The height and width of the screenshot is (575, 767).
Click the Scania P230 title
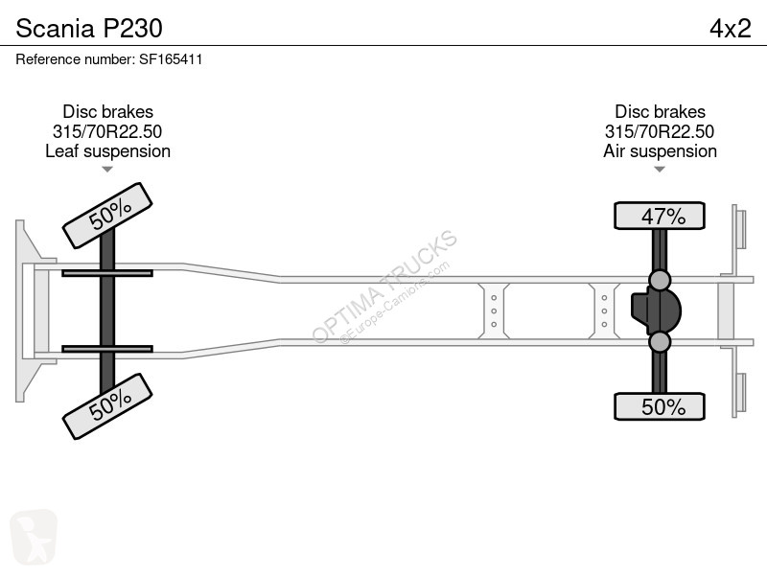(x=89, y=29)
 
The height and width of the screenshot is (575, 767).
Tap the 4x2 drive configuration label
(x=731, y=29)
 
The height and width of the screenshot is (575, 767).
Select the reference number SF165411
(x=171, y=59)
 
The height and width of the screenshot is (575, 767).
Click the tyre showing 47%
(x=660, y=216)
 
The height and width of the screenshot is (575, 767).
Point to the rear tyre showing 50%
(x=660, y=406)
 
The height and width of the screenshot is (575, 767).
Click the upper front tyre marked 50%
(x=107, y=216)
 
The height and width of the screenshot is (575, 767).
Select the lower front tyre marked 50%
(x=107, y=406)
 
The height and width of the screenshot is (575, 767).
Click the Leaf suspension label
(x=107, y=151)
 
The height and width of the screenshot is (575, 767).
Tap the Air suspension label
(x=660, y=151)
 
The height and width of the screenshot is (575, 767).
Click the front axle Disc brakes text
(x=107, y=111)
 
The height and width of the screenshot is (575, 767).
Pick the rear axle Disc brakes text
(x=660, y=111)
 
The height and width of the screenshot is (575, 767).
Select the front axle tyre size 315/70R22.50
(x=107, y=131)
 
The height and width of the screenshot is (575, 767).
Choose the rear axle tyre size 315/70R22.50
(x=660, y=131)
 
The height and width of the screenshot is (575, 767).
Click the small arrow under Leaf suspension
(x=107, y=170)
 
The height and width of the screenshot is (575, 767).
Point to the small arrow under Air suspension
(x=660, y=170)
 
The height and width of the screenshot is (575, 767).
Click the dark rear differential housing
(x=656, y=310)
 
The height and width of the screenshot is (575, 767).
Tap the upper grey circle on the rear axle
(x=660, y=280)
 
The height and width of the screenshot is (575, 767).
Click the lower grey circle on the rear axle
(x=660, y=342)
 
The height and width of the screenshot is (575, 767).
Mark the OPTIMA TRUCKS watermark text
(x=384, y=287)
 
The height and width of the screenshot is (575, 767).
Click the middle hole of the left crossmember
(x=494, y=310)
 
